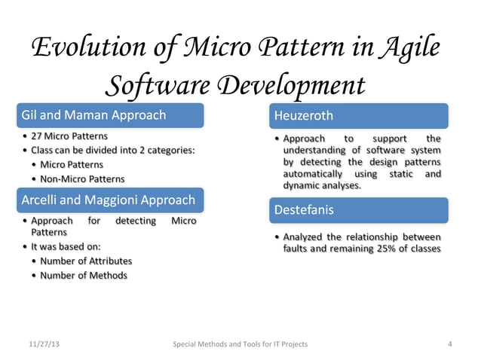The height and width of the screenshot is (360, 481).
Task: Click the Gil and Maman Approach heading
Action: tap(94, 116)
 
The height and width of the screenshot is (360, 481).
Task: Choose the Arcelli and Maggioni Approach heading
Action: tap(108, 200)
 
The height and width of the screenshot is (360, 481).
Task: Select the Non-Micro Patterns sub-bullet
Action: tap(83, 178)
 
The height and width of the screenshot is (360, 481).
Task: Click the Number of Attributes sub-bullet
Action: tap(87, 261)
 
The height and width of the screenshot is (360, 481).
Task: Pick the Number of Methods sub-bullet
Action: tap(84, 275)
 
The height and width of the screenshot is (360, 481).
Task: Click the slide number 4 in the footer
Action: tap(449, 344)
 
